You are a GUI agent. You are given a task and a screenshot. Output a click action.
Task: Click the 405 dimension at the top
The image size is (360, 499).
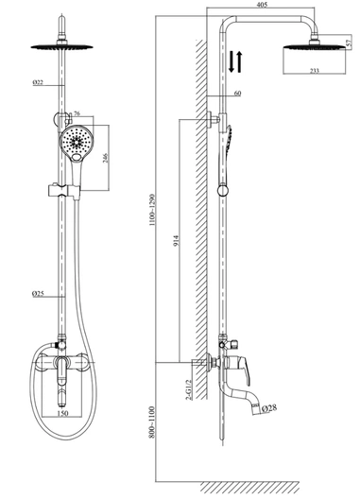pyautogui.click(x=262, y=5)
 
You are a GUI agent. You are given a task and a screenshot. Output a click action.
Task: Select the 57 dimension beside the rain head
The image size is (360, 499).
pyautogui.click(x=350, y=43)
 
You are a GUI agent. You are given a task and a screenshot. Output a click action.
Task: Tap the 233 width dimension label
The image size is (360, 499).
pyautogui.click(x=314, y=71)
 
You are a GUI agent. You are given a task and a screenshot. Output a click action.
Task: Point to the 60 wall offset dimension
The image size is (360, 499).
pyautogui.click(x=237, y=94)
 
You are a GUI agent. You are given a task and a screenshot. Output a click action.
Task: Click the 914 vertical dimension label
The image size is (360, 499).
pyautogui.click(x=177, y=240)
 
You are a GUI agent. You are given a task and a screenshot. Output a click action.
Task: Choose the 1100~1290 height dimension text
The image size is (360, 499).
pyautogui.click(x=152, y=210)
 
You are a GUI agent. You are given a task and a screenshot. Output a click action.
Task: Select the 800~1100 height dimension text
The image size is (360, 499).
pyautogui.click(x=152, y=422)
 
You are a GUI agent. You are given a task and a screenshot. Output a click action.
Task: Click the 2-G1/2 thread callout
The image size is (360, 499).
pyautogui.click(x=189, y=389)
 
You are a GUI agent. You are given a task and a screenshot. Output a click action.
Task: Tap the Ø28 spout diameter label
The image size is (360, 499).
pyautogui.click(x=269, y=407)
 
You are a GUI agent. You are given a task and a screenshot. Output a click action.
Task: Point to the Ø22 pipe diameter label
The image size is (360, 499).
pyautogui.click(x=38, y=82)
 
